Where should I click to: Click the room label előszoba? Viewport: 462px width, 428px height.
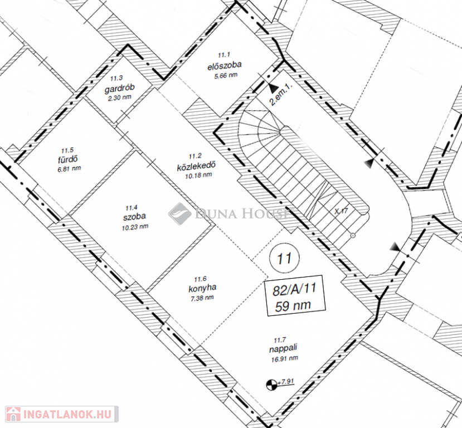point(225,65)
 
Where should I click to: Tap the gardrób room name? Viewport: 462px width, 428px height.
point(120,88)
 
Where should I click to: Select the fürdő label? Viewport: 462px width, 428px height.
point(68,159)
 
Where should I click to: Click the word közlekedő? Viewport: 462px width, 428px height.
point(196,166)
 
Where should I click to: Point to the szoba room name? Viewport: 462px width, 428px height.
point(134,217)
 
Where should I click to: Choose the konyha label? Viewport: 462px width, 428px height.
point(202,288)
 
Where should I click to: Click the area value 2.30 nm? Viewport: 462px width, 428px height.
point(120,98)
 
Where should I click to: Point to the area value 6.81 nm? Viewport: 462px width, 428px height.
point(69,169)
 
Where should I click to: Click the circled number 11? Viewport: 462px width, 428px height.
point(284,258)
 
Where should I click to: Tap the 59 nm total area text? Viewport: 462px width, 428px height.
point(293,306)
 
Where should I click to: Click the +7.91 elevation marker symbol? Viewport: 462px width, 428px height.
point(270,385)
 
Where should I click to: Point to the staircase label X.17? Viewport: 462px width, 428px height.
point(341,211)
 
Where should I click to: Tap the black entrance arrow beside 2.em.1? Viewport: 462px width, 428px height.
point(273,87)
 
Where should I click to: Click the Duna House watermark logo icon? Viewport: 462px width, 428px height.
point(179,213)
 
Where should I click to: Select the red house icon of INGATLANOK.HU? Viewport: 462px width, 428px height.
point(13,414)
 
